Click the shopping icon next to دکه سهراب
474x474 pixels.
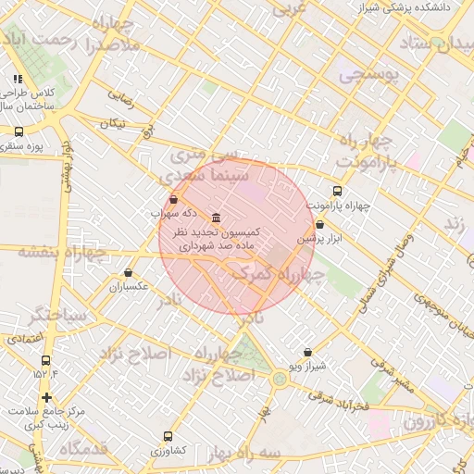tap(174, 198)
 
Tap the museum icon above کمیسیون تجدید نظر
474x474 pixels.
tap(216, 216)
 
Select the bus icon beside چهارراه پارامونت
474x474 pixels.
tap(336, 192)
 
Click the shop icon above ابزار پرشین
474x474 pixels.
tap(319, 224)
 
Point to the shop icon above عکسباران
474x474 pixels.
tap(128, 273)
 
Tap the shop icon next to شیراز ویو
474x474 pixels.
tap(308, 352)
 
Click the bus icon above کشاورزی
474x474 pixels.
tap(168, 436)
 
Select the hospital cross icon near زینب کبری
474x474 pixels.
tap(46, 397)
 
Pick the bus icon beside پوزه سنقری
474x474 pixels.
tap(18, 132)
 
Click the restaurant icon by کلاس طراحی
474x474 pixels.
tap(18, 80)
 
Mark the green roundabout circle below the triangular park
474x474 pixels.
tap(280, 378)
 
